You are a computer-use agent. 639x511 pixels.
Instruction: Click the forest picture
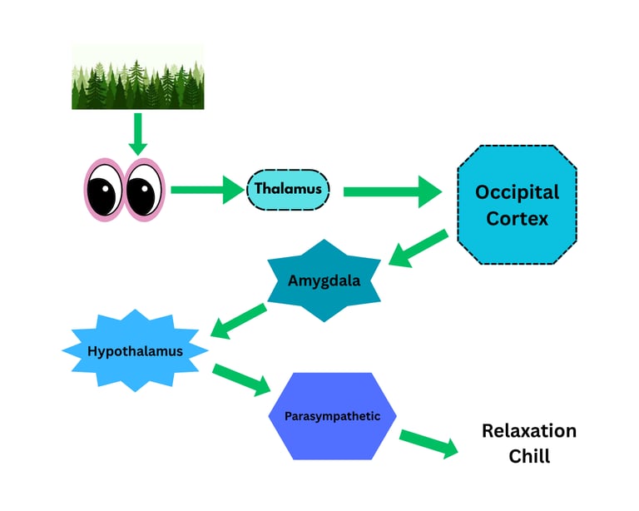click(138, 77)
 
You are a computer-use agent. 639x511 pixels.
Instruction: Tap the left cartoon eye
click(104, 190)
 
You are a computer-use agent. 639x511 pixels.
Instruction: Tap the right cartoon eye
click(145, 190)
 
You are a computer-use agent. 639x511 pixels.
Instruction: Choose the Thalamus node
click(288, 189)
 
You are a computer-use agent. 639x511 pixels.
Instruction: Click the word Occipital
click(517, 192)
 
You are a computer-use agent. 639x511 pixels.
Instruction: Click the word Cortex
click(518, 219)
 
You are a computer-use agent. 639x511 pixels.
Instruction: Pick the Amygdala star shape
click(324, 280)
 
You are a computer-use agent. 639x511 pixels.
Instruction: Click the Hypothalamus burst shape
click(135, 351)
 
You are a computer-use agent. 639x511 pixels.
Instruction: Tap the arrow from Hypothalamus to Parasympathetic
click(241, 379)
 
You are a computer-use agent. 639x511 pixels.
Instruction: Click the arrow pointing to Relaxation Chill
click(428, 444)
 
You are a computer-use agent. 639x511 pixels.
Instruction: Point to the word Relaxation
click(529, 431)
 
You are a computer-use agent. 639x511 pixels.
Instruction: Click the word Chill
click(529, 456)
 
